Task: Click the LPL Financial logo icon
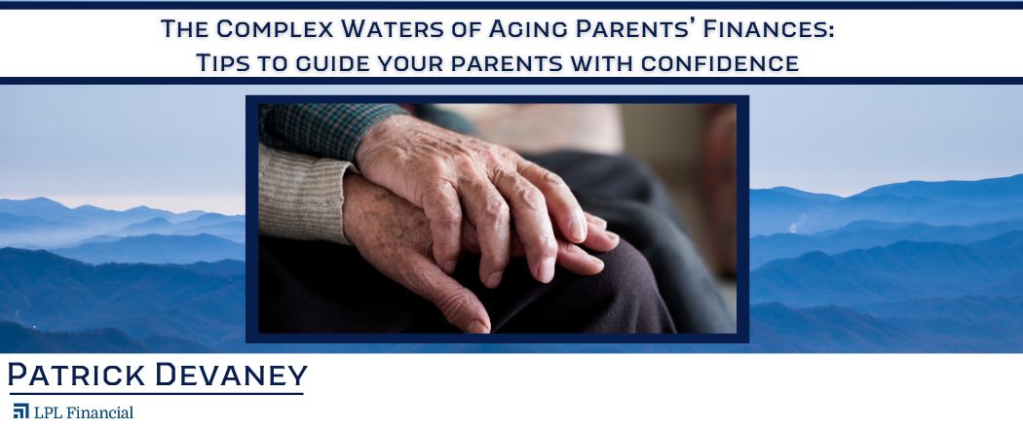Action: pos(20,411)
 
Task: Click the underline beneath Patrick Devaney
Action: pos(157,393)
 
